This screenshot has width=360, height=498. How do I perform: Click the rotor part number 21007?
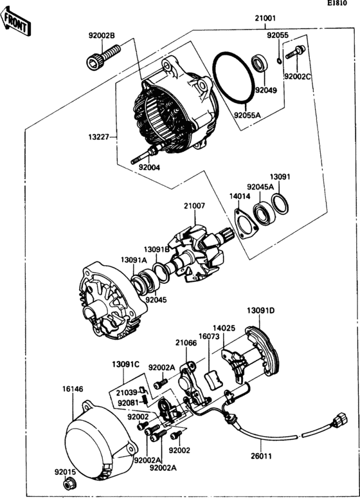tap(194, 207)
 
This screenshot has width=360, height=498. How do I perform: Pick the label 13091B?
tap(156, 248)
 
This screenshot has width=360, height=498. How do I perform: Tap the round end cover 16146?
tap(96, 444)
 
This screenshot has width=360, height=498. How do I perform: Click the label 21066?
tap(186, 344)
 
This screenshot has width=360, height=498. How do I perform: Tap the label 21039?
tap(127, 392)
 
